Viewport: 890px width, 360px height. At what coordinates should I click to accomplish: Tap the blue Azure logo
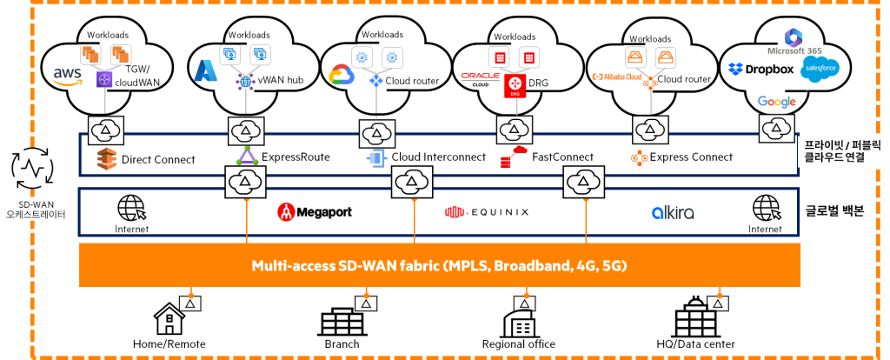click(x=206, y=70)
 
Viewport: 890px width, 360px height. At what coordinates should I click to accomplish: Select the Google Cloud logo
click(x=342, y=76)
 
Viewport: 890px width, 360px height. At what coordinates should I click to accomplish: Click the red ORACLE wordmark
click(x=481, y=76)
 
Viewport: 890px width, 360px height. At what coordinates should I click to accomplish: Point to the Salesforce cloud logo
click(x=820, y=69)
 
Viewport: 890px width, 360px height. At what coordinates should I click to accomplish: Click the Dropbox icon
click(x=735, y=69)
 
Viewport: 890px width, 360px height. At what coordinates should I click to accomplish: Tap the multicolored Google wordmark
click(x=776, y=102)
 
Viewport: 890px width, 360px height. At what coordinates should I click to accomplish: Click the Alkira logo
click(x=673, y=212)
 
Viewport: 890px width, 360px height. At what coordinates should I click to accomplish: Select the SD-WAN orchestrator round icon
click(x=32, y=167)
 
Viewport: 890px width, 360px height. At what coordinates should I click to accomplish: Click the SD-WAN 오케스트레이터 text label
click(x=36, y=210)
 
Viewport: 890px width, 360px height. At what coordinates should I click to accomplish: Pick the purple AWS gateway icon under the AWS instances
click(x=105, y=79)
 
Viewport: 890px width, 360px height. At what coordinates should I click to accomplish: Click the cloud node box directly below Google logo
click(x=776, y=129)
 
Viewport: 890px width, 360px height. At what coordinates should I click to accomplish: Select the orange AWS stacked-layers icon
click(x=106, y=159)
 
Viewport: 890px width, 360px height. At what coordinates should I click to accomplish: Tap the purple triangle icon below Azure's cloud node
click(x=247, y=157)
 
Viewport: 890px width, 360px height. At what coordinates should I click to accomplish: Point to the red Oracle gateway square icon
click(x=515, y=85)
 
